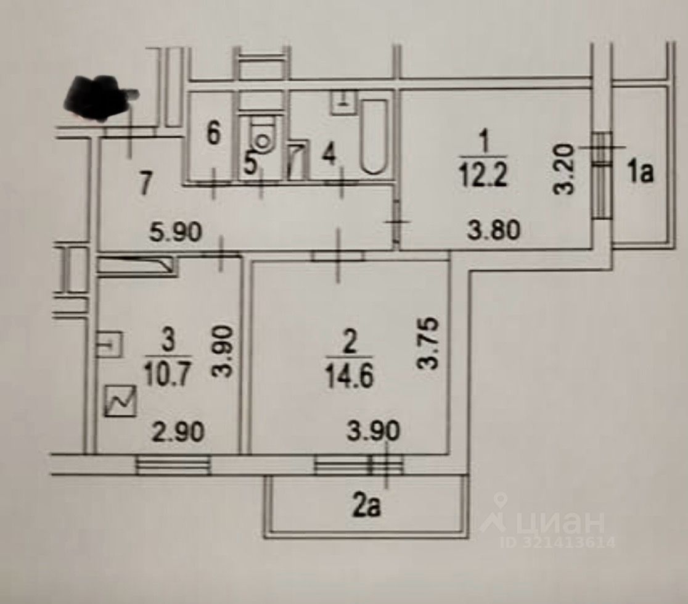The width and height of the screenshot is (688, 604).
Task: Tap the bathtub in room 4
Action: click(x=374, y=136)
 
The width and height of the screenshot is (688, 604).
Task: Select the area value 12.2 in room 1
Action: click(x=483, y=178)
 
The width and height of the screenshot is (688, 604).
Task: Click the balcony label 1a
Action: click(x=640, y=175)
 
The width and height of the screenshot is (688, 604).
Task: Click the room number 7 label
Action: click(x=145, y=184)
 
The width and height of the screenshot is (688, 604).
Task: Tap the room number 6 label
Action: click(x=213, y=133)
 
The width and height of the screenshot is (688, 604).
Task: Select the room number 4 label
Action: click(x=330, y=156)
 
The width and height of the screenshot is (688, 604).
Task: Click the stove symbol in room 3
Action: click(x=121, y=402)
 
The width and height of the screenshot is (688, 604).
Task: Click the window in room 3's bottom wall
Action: click(x=173, y=465)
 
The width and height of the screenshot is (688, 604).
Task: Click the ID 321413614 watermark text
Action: click(x=558, y=543)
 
